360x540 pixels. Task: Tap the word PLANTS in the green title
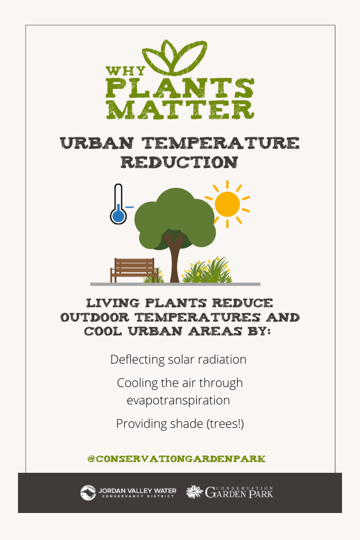[x=180, y=88]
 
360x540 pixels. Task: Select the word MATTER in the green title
[x=180, y=110]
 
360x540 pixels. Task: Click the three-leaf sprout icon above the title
[x=175, y=58]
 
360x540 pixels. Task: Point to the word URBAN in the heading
[x=97, y=143]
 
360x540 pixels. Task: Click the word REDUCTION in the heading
[x=179, y=162]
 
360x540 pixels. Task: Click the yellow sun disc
[x=227, y=204]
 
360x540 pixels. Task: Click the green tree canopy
[x=175, y=217]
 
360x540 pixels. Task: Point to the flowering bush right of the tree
[x=206, y=271]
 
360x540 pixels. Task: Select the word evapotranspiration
[x=178, y=401]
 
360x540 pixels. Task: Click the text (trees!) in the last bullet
[x=225, y=424]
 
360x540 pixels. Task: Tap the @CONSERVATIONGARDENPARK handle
[x=176, y=459]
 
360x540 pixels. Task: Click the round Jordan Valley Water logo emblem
[x=88, y=493]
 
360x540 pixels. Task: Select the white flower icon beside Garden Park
[x=194, y=492]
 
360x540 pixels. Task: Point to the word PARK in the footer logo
[x=261, y=494]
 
